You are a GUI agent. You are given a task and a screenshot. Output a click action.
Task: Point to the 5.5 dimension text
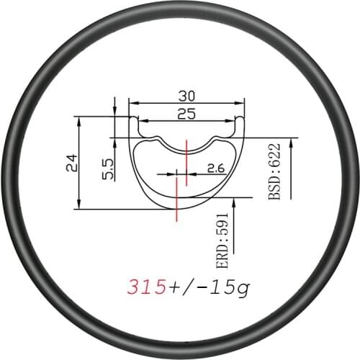pos(107,172)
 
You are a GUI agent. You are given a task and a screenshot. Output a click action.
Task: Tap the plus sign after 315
pos(176,287)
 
